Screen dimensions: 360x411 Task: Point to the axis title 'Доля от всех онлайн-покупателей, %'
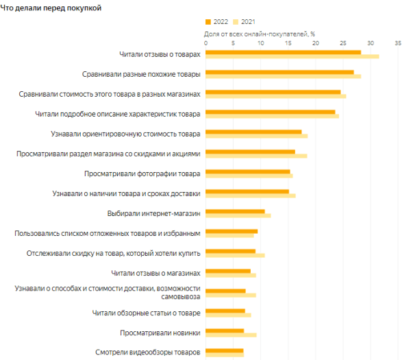(260, 33)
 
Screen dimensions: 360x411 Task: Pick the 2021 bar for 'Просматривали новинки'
(232, 335)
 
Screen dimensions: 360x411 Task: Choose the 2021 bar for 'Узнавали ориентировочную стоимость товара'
(257, 136)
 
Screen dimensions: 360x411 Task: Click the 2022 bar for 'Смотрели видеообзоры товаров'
(225, 350)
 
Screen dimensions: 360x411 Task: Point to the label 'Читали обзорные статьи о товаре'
(146, 313)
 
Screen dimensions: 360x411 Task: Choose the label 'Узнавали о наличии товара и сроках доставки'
(126, 193)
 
